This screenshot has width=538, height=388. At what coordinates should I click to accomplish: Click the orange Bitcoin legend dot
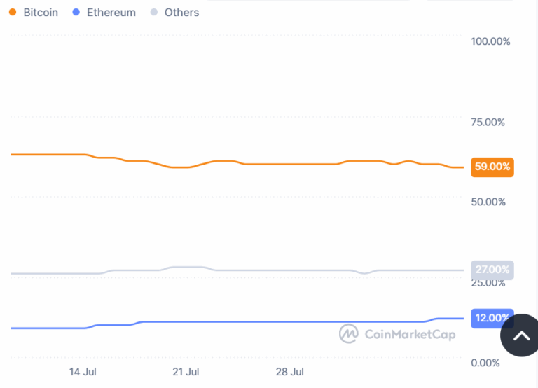coord(13,12)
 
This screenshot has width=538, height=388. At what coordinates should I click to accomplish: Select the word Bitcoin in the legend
coord(41,13)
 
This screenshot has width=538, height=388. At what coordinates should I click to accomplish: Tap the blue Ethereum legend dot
coord(76,12)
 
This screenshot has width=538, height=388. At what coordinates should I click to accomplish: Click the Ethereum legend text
coord(111,13)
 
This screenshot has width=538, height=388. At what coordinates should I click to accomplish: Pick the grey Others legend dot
coord(154,12)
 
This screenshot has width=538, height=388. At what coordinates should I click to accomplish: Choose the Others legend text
coord(181,13)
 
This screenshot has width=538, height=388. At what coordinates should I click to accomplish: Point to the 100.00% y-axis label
coord(490,41)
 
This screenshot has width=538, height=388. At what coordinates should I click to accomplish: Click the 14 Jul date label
coord(83,371)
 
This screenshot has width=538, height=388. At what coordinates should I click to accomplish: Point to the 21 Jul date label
coord(186,371)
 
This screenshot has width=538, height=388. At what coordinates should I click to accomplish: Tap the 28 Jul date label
coord(289,371)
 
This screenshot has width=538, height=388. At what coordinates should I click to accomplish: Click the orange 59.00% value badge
coord(492,167)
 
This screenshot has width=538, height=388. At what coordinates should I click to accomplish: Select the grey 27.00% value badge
coord(492,270)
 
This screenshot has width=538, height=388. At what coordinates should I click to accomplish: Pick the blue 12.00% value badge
coord(492,318)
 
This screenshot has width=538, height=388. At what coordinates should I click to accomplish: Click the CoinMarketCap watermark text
coord(410,334)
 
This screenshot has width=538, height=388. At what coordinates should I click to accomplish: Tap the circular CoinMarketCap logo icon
coord(349,334)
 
